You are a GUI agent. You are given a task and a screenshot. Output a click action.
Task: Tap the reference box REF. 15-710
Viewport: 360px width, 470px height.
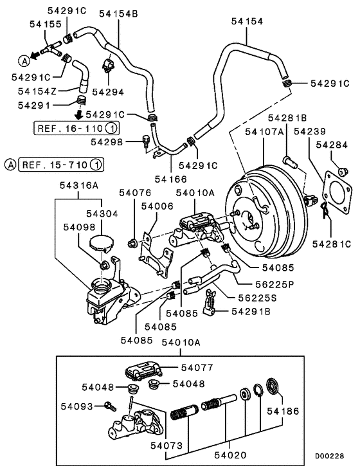coord(61,164)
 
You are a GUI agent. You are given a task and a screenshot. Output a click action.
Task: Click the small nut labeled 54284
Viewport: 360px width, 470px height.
coord(341,170)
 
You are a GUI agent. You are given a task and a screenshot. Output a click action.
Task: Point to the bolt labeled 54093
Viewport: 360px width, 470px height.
coord(108,406)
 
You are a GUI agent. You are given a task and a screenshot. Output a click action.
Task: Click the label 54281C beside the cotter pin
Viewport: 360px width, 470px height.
coord(332,244)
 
